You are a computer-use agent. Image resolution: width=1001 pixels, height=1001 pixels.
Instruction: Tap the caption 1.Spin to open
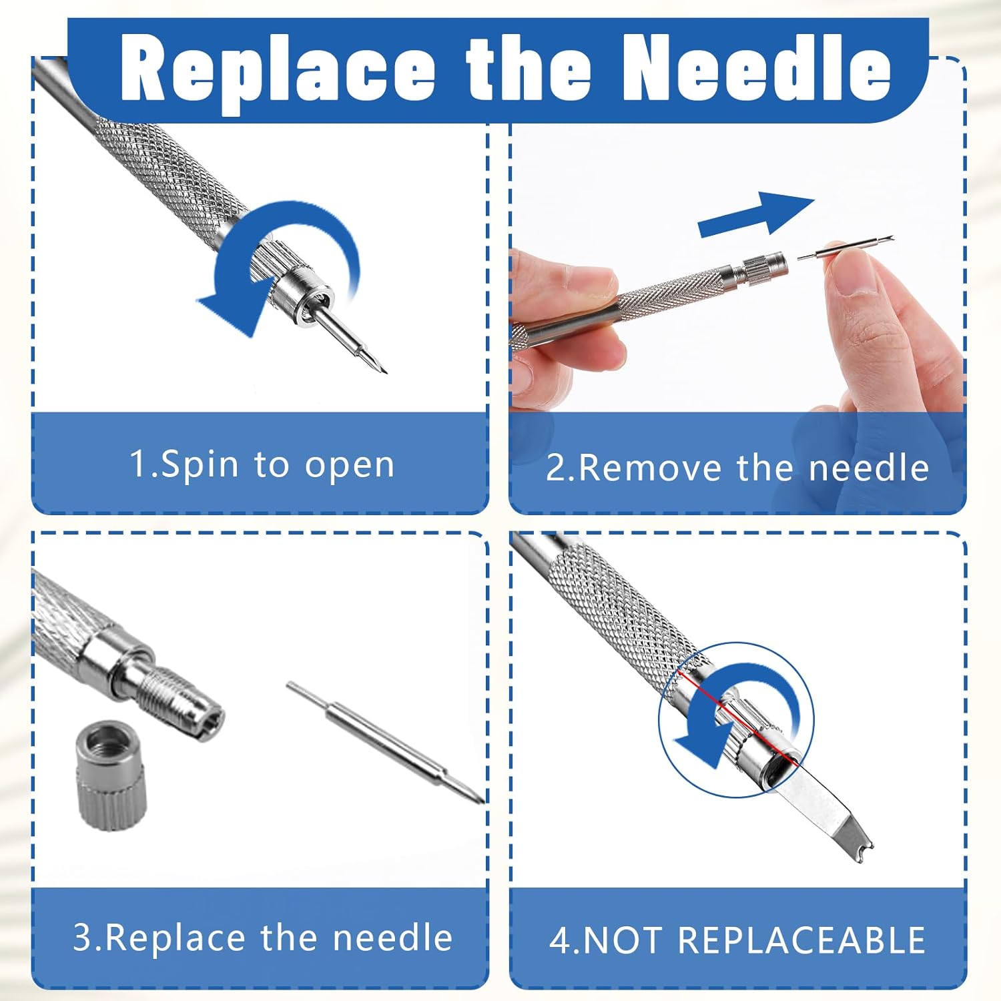[x=262, y=464]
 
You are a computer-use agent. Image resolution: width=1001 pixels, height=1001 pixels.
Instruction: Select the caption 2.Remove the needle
[x=737, y=467]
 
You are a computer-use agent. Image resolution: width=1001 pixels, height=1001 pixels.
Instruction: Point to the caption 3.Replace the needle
[x=262, y=937]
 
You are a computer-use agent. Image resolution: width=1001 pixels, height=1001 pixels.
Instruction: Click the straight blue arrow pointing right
[x=756, y=214]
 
